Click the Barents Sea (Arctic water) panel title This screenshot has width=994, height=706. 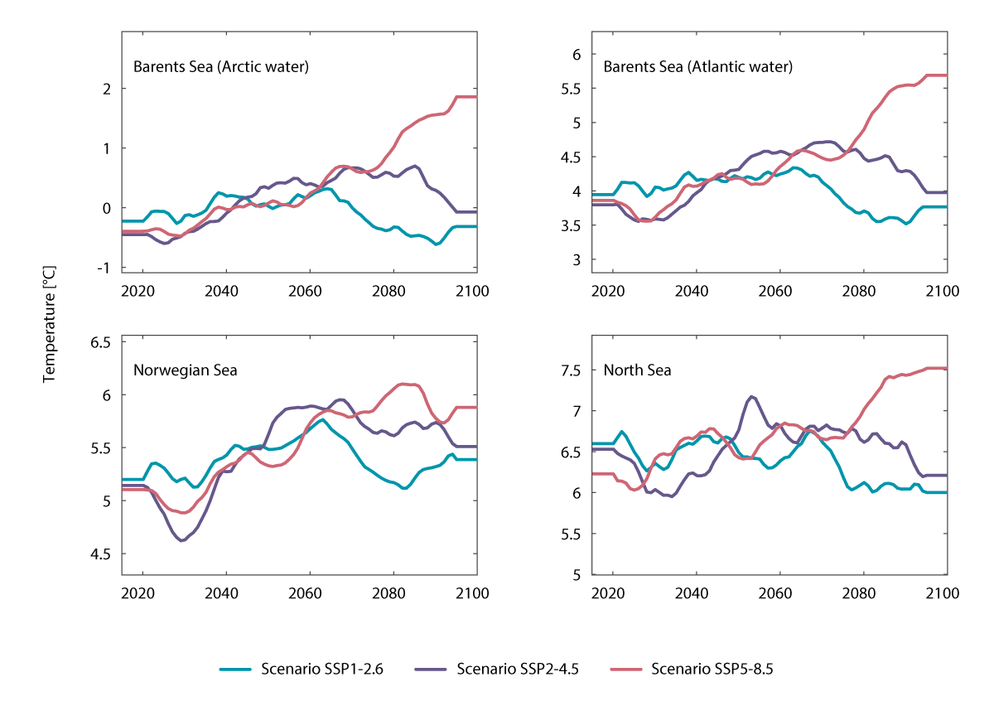[221, 67]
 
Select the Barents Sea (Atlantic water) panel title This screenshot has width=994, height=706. [698, 67]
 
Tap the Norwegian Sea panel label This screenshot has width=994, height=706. [186, 370]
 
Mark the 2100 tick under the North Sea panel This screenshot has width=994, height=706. [943, 594]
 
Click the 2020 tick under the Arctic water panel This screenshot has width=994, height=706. [141, 292]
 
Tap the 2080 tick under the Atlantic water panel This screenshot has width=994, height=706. [862, 292]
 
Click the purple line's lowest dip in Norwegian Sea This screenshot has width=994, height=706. [181, 540]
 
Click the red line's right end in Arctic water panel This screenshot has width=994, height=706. [475, 97]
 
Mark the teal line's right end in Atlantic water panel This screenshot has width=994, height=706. [947, 206]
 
